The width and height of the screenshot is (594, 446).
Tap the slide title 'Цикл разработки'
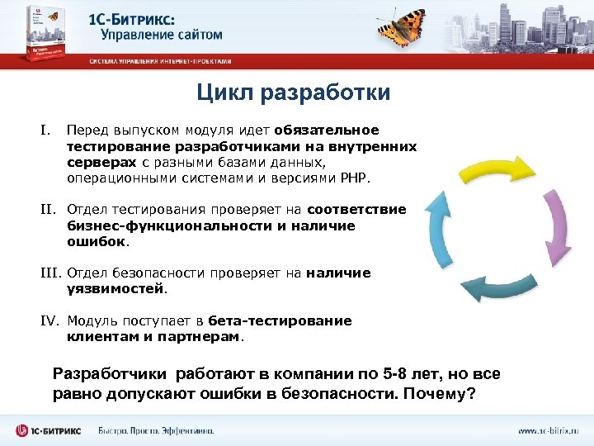[x=293, y=93]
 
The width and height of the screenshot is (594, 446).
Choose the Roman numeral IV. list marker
[x=50, y=320]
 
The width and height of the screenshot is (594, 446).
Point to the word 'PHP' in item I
[x=359, y=178]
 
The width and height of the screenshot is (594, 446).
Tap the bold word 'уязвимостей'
[x=115, y=289]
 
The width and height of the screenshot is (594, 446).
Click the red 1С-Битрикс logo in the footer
[x=49, y=430]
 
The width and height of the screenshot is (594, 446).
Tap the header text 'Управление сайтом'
[x=162, y=35]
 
